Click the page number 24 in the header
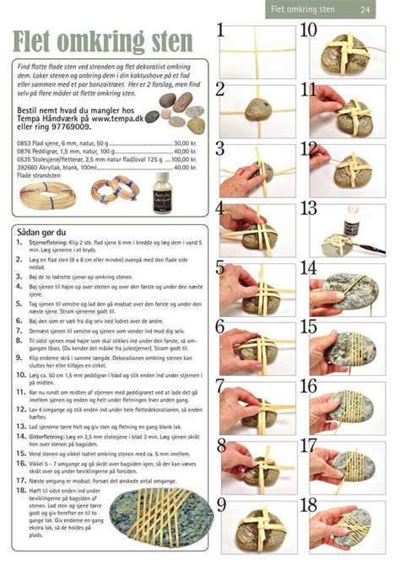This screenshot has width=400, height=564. pos(365,9)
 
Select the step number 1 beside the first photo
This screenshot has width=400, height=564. pos(221,31)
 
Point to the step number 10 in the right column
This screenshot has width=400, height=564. pos(308,31)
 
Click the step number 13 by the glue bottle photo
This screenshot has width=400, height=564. pos(309,210)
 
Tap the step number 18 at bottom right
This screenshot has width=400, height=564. pos(309,508)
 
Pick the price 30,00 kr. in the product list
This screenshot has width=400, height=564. pos(181,144)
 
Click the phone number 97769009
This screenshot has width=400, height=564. pos(71,134)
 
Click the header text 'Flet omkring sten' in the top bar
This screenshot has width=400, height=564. pos(302,9)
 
